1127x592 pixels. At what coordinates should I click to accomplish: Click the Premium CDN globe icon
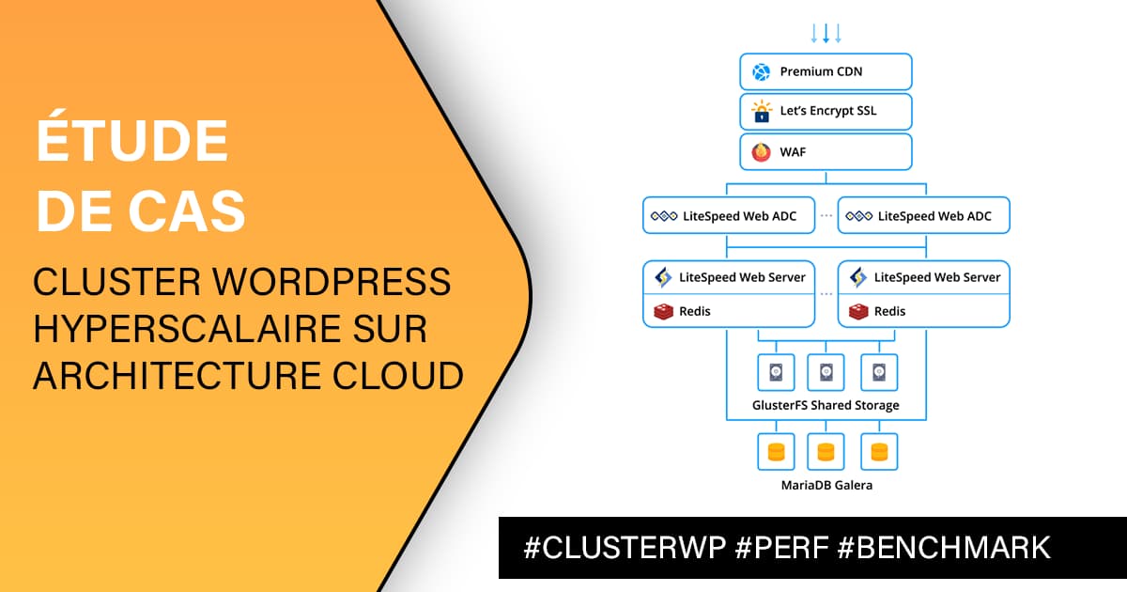point(761,71)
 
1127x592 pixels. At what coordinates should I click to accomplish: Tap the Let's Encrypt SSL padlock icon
point(761,111)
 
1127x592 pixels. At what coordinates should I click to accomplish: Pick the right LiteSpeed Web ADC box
point(923,216)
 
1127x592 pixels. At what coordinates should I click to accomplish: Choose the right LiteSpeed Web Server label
point(937,277)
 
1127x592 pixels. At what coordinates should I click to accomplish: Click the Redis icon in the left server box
point(663,311)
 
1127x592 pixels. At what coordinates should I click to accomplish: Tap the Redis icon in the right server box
point(858,311)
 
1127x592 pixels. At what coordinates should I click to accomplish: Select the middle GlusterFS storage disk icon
point(826,372)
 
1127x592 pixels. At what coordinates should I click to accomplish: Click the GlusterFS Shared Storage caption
point(826,405)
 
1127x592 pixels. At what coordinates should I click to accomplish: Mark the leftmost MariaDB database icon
point(776,451)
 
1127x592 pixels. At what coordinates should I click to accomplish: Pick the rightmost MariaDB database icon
point(879,451)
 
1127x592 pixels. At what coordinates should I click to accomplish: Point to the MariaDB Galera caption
point(826,485)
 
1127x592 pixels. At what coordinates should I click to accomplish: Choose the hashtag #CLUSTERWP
point(625,547)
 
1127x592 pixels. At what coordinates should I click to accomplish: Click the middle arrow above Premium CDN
point(826,34)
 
